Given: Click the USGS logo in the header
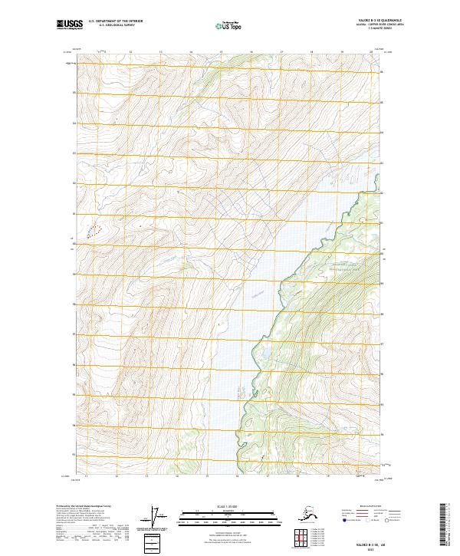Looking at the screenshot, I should tap(68, 25).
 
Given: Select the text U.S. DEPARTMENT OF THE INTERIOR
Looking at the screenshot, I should tap(116, 21).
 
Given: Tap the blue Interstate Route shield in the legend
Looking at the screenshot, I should tap(342, 520).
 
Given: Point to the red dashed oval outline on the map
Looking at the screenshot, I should tap(93, 231).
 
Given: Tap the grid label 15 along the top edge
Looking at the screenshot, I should tap(220, 51).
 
